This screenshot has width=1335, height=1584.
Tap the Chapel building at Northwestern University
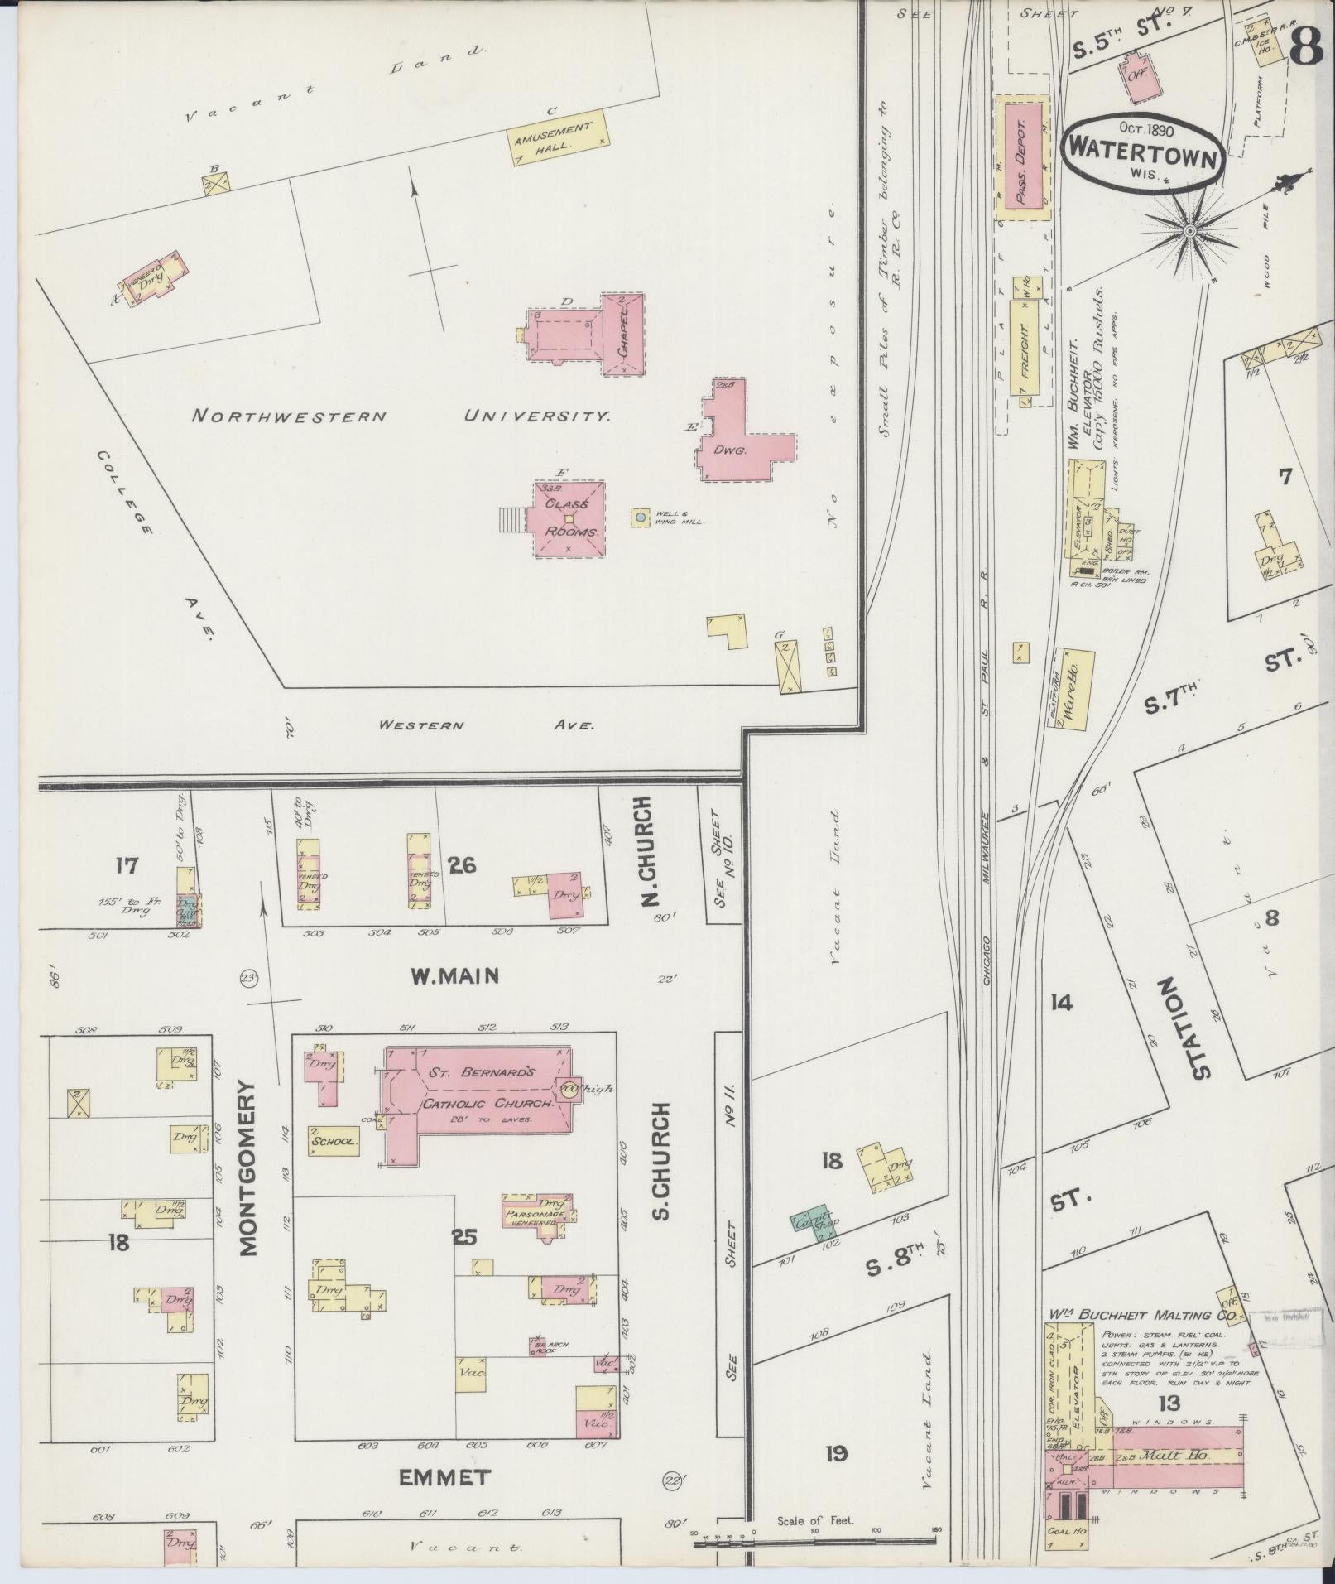coord(623,335)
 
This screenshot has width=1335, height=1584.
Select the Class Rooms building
coord(569,520)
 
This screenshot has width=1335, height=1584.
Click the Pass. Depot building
coord(1023,157)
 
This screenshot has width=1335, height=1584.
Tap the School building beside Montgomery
coord(334,1141)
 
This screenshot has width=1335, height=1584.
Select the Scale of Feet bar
coord(814,1542)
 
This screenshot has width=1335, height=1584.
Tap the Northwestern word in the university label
coord(289,416)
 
